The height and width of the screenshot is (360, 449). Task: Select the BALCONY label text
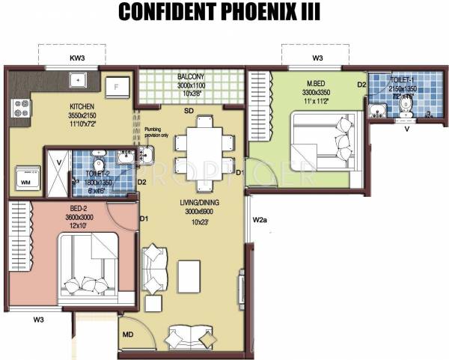click(x=192, y=77)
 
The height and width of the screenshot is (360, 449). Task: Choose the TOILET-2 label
click(x=96, y=173)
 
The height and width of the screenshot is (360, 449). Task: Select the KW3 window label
click(x=77, y=58)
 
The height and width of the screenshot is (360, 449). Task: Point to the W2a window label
click(x=260, y=220)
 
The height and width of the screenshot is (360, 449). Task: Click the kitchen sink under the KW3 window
click(x=77, y=80)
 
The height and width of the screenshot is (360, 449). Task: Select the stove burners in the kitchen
click(x=18, y=111)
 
